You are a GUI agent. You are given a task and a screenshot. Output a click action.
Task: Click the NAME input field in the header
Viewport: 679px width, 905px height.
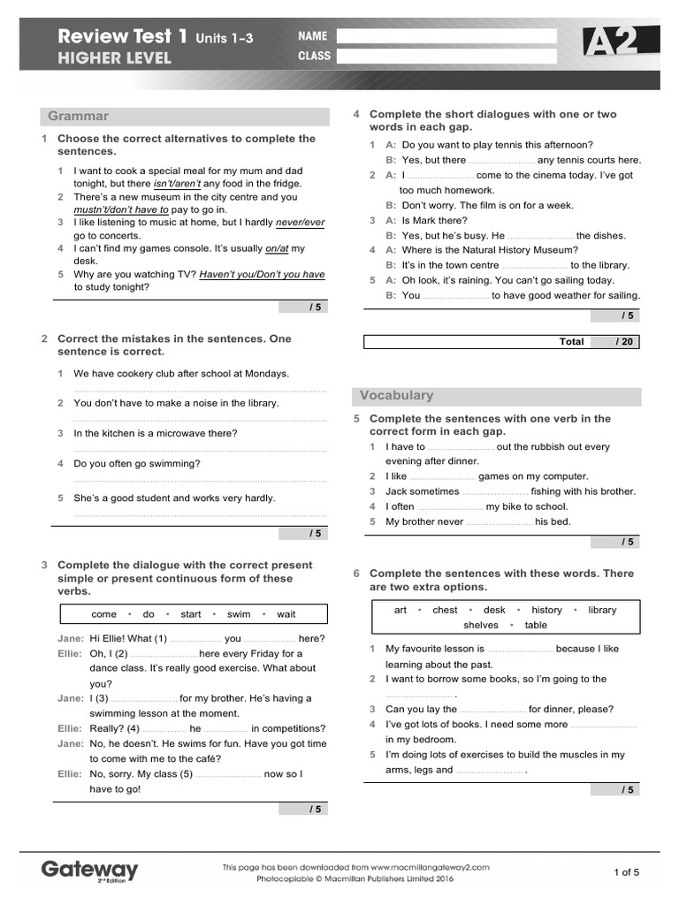[x=446, y=36]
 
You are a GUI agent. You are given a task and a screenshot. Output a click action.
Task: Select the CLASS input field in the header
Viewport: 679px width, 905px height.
[x=446, y=57]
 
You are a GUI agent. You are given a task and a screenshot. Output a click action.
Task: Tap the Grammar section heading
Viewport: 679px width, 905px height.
[x=79, y=116]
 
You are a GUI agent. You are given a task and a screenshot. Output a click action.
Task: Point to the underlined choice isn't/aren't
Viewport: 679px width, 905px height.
[x=177, y=184]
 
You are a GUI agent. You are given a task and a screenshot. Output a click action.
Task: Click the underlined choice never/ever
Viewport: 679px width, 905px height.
[x=300, y=223]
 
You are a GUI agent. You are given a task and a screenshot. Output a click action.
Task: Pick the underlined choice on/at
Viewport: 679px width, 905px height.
[x=277, y=248]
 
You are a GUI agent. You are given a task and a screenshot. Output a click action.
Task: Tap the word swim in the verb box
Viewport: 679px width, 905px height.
[x=239, y=614]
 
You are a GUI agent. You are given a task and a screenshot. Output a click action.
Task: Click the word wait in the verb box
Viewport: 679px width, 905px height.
[x=286, y=614]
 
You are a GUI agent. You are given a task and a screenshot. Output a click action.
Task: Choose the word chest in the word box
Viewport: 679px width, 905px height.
[x=445, y=610]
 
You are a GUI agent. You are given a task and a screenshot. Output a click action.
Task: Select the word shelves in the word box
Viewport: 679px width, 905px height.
[x=481, y=625]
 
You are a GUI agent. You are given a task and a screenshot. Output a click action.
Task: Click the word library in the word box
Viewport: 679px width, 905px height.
[x=602, y=610]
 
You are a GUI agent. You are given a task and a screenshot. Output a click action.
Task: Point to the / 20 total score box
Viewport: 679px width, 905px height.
[x=615, y=341]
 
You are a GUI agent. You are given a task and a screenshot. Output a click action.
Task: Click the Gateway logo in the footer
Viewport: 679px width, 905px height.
[x=90, y=871]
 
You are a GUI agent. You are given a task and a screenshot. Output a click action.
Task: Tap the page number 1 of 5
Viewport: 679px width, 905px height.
[x=626, y=872]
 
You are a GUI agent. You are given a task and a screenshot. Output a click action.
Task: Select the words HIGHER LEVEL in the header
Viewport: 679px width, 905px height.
[x=115, y=59]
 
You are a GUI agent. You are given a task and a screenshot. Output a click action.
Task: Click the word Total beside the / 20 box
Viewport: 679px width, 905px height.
[x=571, y=341]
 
